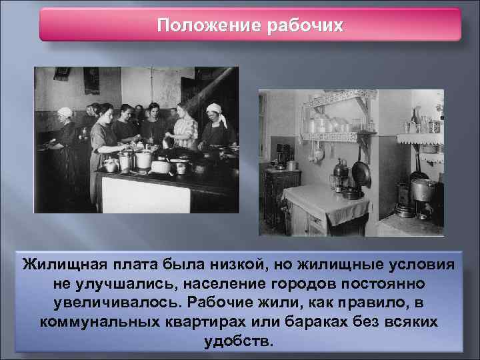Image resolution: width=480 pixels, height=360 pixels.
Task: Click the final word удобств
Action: pyautogui.click(x=240, y=340)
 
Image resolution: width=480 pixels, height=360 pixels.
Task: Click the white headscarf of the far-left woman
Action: pyautogui.click(x=65, y=112)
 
